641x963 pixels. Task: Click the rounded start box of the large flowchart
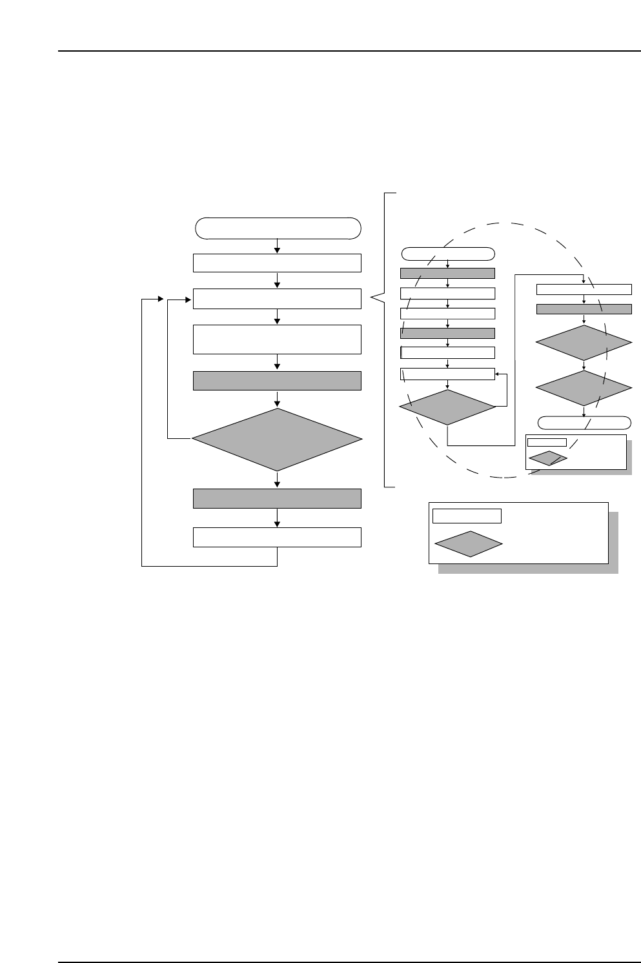coord(278,228)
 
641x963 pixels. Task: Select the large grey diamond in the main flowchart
coord(278,440)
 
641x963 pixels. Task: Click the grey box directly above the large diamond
coord(278,381)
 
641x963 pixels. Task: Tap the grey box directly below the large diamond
coord(278,498)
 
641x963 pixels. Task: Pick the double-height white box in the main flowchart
coord(278,339)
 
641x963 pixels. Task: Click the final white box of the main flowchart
coord(278,537)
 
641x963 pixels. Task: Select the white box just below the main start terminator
coord(278,263)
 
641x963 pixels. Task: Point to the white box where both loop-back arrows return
coord(278,299)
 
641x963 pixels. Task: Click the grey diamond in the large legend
coord(469,544)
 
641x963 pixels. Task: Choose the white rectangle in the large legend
coord(467,516)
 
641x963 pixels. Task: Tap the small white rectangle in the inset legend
coord(547,442)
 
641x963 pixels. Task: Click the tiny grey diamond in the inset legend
coord(548,458)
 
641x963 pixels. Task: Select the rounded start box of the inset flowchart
coord(448,252)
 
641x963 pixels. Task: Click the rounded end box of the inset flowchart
coord(584,423)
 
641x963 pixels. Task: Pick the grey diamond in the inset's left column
coord(447,407)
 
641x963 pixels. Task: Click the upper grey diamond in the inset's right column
coord(584,343)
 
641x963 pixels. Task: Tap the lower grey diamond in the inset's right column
coord(584,388)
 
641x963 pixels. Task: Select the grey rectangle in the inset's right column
coord(584,309)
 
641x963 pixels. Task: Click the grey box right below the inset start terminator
coord(448,273)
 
